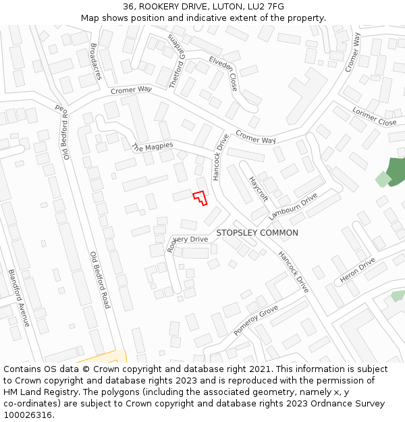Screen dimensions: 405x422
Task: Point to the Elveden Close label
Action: coord(223,74)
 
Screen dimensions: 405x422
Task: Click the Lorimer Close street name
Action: coord(374,117)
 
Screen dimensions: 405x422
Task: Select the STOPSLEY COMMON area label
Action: coord(257,233)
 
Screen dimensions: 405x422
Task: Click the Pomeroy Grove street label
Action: coord(256,320)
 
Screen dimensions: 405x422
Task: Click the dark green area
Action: coord(396,171)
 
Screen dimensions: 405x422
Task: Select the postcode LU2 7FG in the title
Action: coord(266,7)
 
